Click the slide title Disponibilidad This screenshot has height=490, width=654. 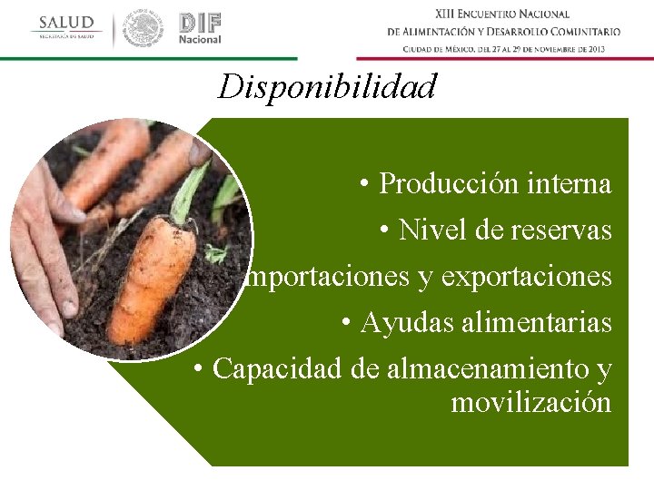click(327, 87)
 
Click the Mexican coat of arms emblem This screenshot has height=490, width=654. click(144, 28)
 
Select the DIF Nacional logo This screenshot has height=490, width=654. click(200, 28)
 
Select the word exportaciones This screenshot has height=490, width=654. click(527, 278)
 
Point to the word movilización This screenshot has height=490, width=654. click(530, 402)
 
